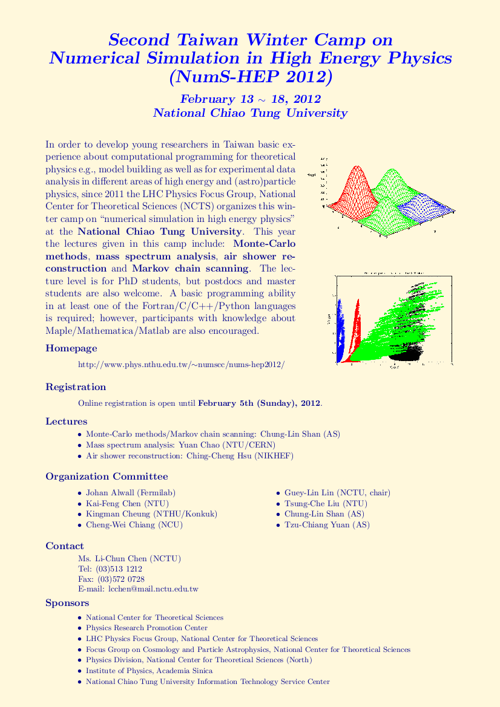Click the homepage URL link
coord(182,365)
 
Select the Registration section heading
coord(76,387)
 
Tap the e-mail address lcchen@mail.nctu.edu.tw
coord(153,588)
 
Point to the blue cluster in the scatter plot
coord(339,333)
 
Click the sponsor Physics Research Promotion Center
coord(146,628)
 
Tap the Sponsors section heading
coord(67,603)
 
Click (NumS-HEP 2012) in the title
coord(250,78)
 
